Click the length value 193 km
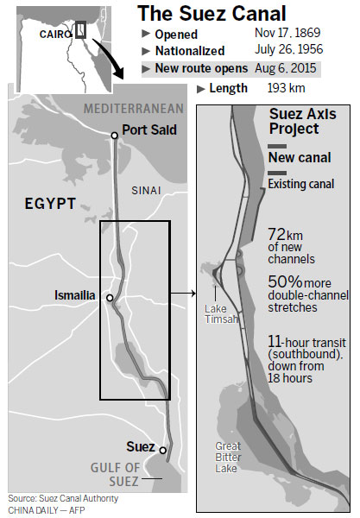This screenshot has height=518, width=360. tap(265, 88)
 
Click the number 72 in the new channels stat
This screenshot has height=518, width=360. tap(276, 235)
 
